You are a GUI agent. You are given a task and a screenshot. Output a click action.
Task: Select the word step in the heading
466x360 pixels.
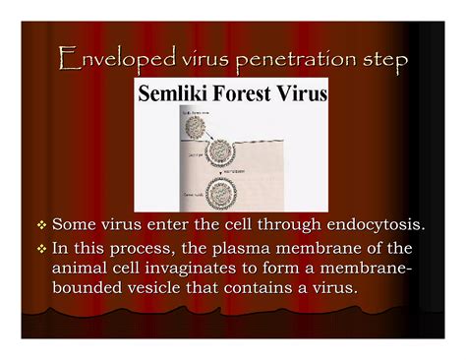(379, 63)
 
